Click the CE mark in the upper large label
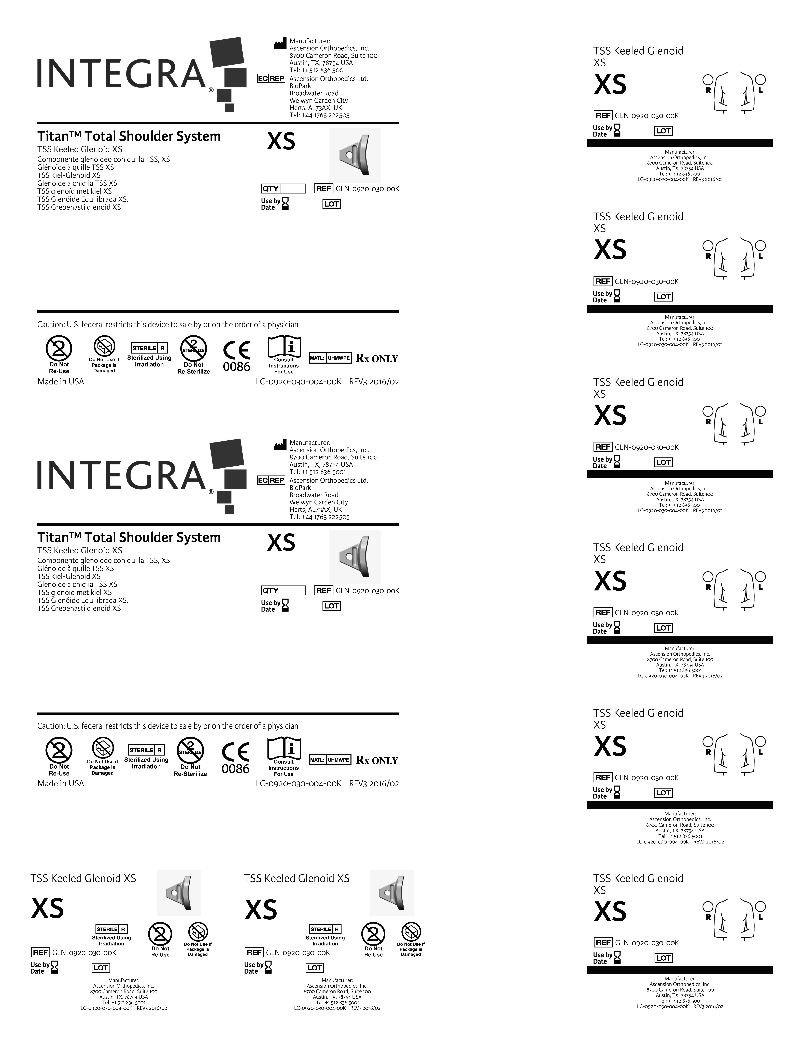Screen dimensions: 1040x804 (237, 350)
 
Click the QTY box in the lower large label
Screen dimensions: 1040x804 (283, 590)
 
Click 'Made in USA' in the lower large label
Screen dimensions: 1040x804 (61, 783)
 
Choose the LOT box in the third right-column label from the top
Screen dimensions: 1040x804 (663, 462)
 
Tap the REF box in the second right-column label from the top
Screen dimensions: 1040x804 (603, 281)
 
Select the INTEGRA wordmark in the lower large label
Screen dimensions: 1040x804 (121, 475)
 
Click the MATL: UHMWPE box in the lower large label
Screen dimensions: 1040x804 (330, 760)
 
